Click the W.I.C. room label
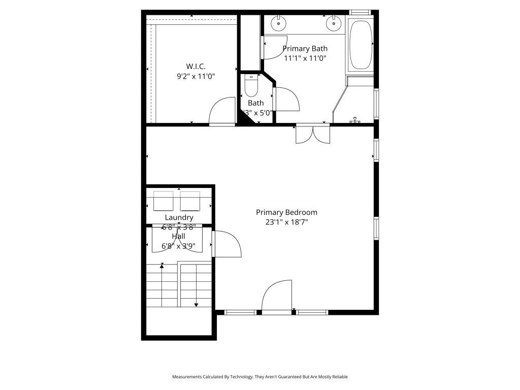click(196, 67)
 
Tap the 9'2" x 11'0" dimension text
click(196, 77)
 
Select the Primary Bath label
click(305, 49)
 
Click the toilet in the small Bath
click(251, 87)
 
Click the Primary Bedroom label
click(286, 212)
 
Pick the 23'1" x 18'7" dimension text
click(286, 222)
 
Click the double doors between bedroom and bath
click(313, 134)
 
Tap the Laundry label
click(179, 217)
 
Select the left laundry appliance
click(164, 201)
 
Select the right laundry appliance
click(190, 201)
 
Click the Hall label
click(178, 236)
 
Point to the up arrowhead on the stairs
click(162, 265)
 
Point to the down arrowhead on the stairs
click(196, 305)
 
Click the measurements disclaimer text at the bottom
click(259, 377)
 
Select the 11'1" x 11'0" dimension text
click(305, 58)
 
